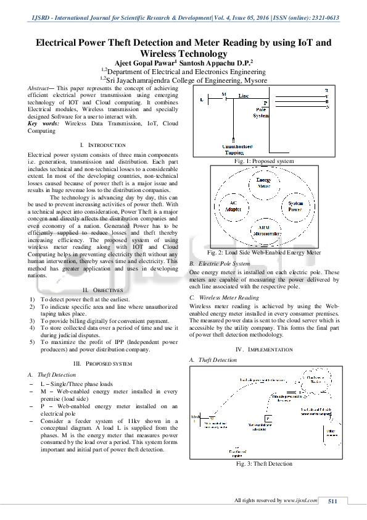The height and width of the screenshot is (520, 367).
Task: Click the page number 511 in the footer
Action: click(333, 501)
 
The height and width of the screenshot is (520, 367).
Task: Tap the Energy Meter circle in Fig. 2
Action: click(263, 183)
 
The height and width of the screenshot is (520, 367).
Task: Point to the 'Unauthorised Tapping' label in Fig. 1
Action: click(237, 149)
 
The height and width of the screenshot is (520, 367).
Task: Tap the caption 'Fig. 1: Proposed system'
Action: click(263, 161)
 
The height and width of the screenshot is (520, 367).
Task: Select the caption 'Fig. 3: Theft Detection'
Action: click(263, 464)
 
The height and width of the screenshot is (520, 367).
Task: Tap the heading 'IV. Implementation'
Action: click(263, 350)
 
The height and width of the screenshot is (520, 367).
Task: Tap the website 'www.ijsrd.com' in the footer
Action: click(300, 500)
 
